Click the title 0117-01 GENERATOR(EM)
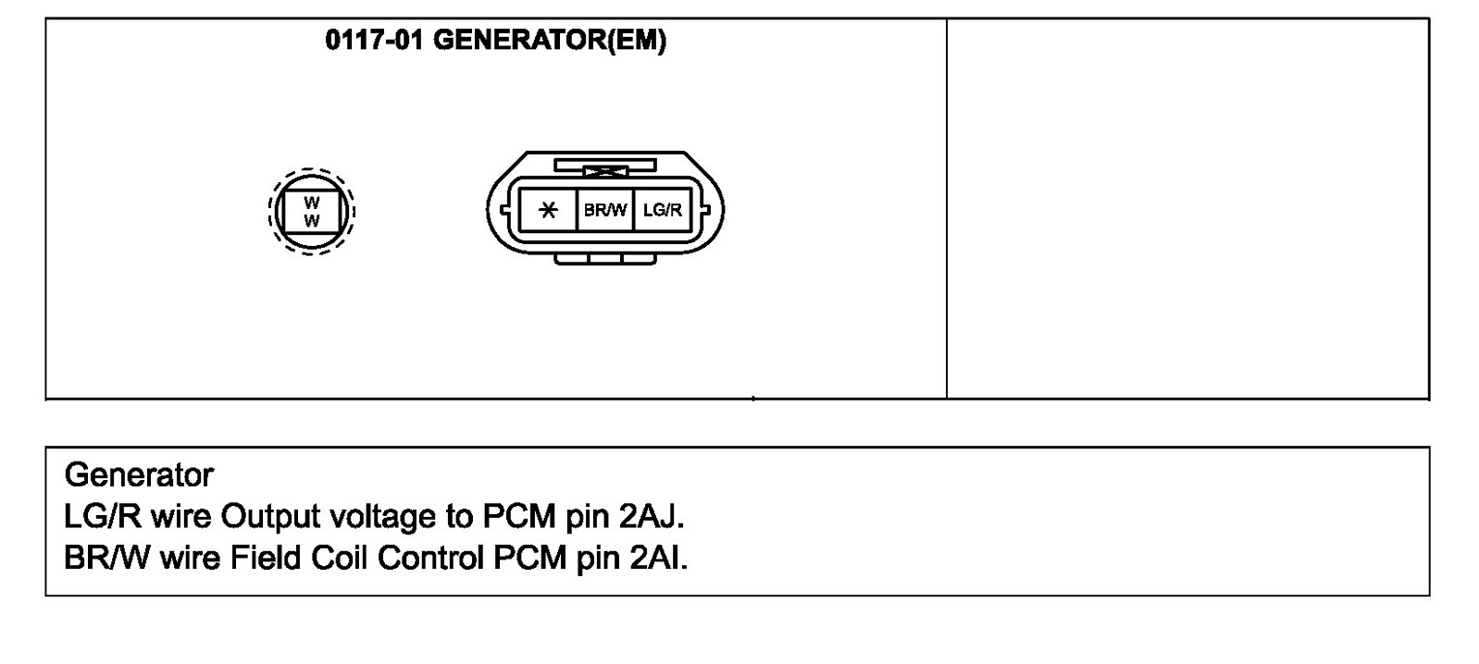tap(495, 41)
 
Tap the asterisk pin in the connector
tap(548, 210)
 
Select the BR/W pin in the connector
tap(605, 210)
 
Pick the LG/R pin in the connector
tap(663, 210)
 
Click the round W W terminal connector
tap(312, 212)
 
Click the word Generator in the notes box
tap(139, 475)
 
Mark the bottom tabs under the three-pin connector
tap(605, 258)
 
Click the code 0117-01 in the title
tap(374, 41)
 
